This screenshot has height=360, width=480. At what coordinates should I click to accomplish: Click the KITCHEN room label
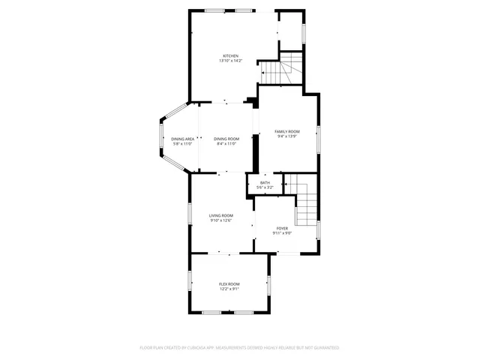[230, 56]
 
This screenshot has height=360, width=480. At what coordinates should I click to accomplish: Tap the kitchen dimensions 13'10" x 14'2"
[230, 61]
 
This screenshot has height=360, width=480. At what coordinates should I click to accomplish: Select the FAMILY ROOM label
[287, 131]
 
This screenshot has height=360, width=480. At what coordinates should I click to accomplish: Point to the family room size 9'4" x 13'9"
[287, 136]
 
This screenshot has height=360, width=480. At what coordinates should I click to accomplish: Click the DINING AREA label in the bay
[183, 139]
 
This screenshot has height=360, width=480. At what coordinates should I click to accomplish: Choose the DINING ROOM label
[226, 139]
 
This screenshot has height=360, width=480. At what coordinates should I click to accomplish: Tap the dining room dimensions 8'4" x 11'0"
[226, 143]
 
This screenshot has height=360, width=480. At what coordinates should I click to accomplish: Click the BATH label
[265, 182]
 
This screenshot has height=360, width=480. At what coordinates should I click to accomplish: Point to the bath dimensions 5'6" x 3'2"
[265, 187]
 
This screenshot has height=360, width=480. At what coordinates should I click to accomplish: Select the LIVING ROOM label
[220, 215]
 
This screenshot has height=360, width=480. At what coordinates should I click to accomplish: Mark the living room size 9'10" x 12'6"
[220, 220]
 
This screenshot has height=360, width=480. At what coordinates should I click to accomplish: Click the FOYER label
[282, 228]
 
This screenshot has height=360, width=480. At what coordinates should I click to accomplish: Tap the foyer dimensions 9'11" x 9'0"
[282, 232]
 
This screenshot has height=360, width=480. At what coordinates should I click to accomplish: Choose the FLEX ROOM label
[229, 283]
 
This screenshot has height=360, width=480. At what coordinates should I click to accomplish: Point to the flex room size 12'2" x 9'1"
[229, 288]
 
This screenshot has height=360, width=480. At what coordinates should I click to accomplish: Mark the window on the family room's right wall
[318, 136]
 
